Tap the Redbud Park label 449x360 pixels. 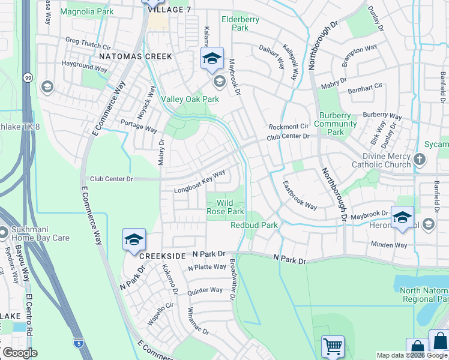[254, 225]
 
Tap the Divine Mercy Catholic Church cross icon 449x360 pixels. [420, 160]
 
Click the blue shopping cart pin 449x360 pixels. [333, 346]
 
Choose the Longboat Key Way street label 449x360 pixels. [199, 182]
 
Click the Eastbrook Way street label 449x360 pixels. [300, 195]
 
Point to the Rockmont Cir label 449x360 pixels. [288, 127]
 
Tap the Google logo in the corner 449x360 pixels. [20, 352]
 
